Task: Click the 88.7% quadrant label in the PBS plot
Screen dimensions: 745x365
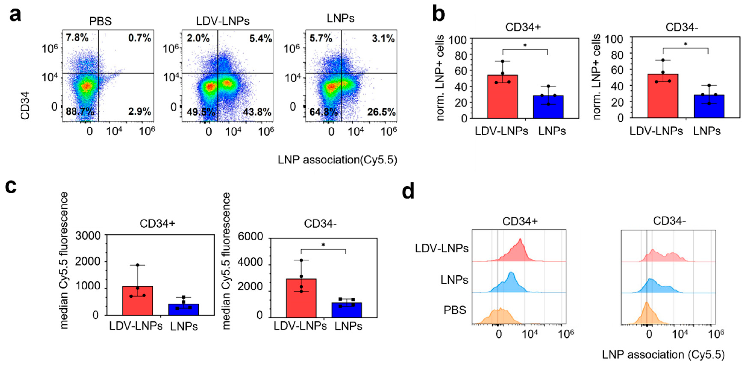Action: pos(80,112)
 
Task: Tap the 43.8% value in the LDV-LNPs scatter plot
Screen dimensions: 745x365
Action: pos(257,112)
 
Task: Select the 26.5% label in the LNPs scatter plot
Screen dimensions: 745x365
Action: pos(381,112)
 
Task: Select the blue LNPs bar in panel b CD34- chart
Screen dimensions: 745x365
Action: pos(709,106)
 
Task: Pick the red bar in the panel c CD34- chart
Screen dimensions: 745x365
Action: pos(301,298)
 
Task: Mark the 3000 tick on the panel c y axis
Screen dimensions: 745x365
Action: pos(88,236)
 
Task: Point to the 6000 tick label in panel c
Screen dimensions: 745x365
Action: pos(250,237)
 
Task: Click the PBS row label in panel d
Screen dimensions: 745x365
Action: pos(455,310)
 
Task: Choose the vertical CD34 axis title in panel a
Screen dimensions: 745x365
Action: pos(25,105)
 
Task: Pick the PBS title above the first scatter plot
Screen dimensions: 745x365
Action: pos(100,21)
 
